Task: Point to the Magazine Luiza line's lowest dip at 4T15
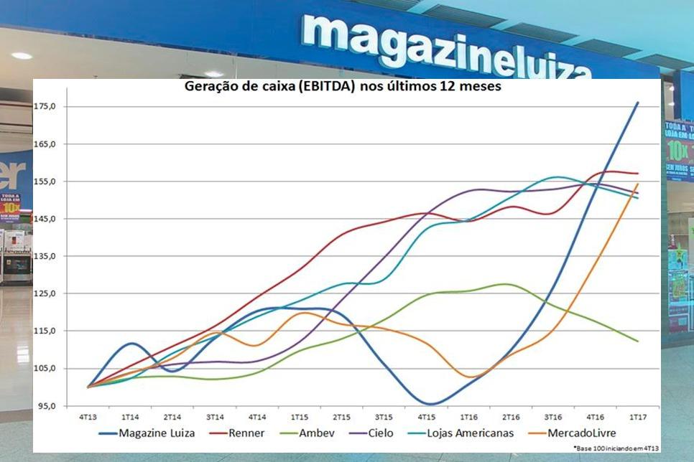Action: coord(429,404)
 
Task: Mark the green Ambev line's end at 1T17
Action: coord(637,341)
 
